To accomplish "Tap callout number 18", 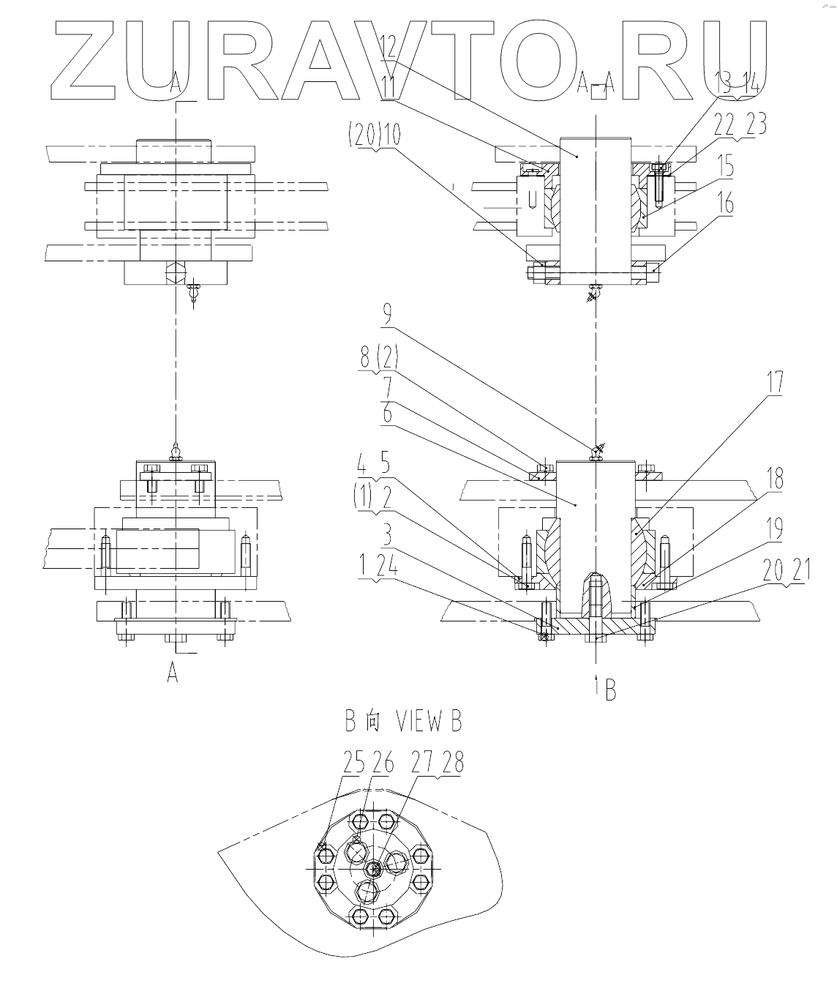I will coord(774,479).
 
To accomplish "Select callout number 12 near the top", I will coord(388,50).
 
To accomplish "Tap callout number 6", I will coord(386,414).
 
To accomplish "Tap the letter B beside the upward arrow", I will coord(609,690).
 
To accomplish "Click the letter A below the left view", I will coord(173,673).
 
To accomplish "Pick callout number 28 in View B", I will coord(453,764).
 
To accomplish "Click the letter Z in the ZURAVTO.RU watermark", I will coord(86,60).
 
